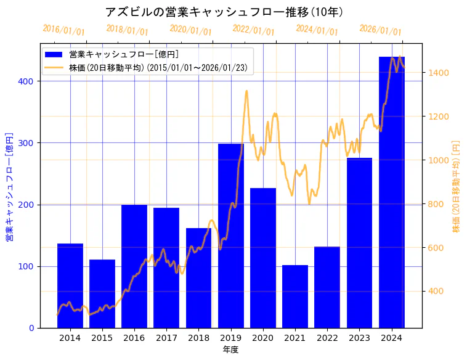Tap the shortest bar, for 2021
(295, 296)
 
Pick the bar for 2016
(134, 266)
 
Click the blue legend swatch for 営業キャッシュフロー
(55, 54)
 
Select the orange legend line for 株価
(55, 67)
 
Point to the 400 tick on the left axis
(29, 81)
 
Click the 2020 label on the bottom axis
(263, 338)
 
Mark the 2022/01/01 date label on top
(253, 30)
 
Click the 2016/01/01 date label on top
(63, 30)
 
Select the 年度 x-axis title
(230, 350)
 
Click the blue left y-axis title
(9, 186)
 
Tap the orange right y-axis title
(457, 186)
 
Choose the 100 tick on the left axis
(29, 266)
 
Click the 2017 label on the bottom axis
(166, 338)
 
